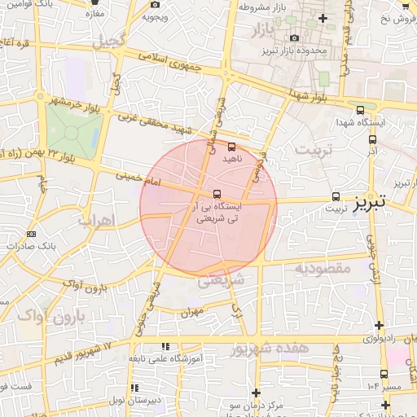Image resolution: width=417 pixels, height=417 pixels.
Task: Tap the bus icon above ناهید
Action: pos(232,148)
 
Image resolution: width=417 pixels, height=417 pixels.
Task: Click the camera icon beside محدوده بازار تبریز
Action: pos(294,37)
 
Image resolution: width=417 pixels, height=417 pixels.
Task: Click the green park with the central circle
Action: pos(73,129)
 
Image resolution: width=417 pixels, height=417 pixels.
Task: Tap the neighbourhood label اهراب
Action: pos(96,220)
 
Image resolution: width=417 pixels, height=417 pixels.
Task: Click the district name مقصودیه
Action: pos(322,268)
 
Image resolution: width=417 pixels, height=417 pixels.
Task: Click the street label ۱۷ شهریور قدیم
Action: pos(90,355)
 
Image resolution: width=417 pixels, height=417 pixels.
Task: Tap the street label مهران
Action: pos(192,311)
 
